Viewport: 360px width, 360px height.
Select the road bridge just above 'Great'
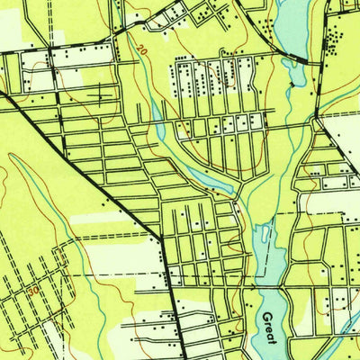270,290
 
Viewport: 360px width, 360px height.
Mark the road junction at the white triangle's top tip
319,115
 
